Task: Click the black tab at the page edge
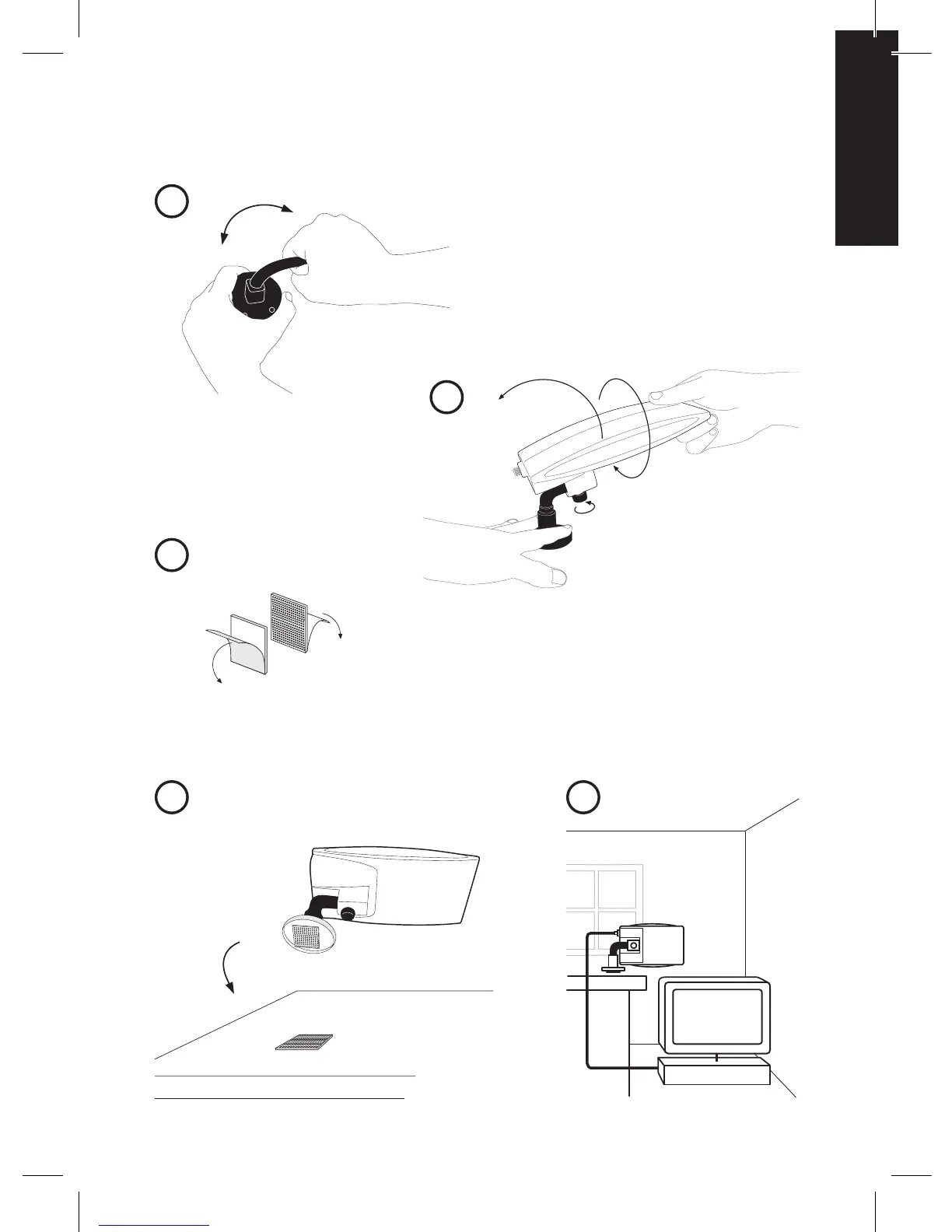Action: pyautogui.click(x=867, y=138)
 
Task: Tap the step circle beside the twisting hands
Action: pyautogui.click(x=171, y=201)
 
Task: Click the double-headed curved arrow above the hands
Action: pyautogui.click(x=255, y=219)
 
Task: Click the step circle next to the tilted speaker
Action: pyautogui.click(x=446, y=397)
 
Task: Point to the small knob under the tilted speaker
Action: pyautogui.click(x=581, y=495)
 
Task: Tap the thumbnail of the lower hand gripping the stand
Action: pyautogui.click(x=557, y=576)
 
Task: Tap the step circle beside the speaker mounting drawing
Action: pyautogui.click(x=171, y=798)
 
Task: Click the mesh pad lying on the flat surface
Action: pyautogui.click(x=305, y=1041)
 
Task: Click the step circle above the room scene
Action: pyautogui.click(x=583, y=798)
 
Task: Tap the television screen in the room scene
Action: pyautogui.click(x=716, y=1017)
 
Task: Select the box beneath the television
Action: pyautogui.click(x=714, y=1074)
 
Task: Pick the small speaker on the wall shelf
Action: pyautogui.click(x=649, y=945)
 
